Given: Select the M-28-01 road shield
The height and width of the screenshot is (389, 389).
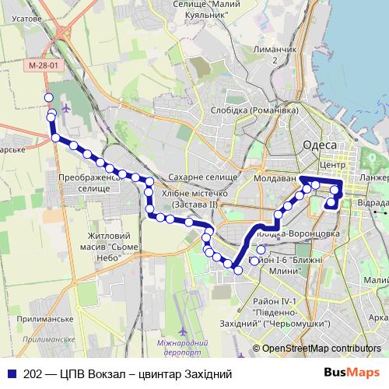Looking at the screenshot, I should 42,66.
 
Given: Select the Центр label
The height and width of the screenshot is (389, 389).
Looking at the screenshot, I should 332,166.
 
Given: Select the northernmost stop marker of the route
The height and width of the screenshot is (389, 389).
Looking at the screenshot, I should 48,97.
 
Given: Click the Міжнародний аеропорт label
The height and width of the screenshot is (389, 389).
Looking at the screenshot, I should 187,348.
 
